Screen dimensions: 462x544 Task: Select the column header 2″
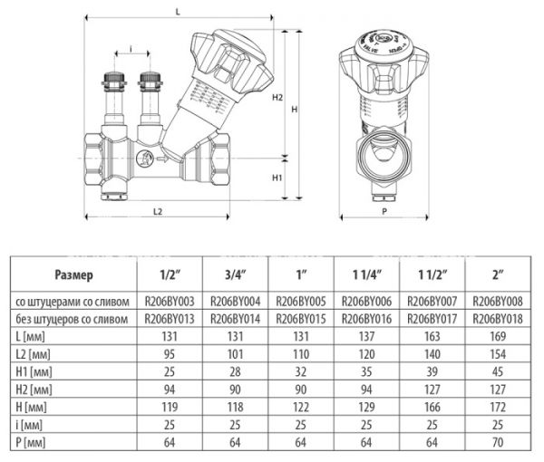click(x=496, y=274)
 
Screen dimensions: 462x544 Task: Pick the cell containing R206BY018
click(x=496, y=318)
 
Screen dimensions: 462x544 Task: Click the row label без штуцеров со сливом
click(x=73, y=318)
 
